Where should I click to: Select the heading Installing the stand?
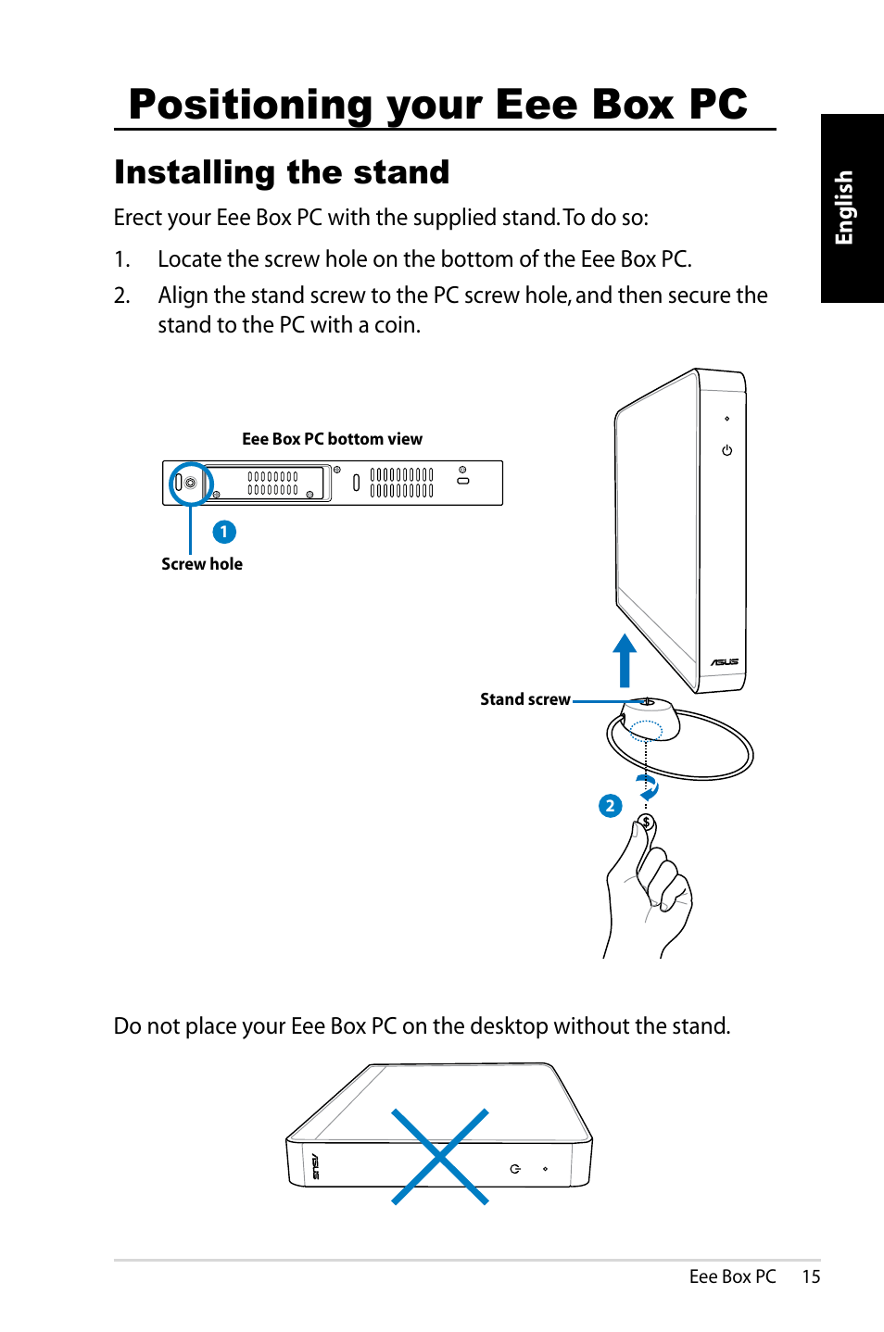(x=282, y=172)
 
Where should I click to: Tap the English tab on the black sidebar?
(x=844, y=207)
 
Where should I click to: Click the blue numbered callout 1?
(x=224, y=532)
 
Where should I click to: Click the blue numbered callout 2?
(x=610, y=806)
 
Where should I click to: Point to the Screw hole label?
(x=202, y=564)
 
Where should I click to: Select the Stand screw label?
(x=524, y=699)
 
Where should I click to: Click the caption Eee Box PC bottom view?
(x=332, y=439)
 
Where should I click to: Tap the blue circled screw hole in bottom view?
(x=191, y=483)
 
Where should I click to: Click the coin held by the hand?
(x=646, y=823)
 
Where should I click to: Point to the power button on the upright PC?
(x=727, y=451)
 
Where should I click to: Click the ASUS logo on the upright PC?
(x=725, y=662)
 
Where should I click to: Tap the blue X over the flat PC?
(x=440, y=1156)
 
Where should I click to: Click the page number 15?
(x=811, y=1276)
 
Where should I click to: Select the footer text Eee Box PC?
(x=732, y=1276)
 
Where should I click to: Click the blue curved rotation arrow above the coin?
(x=649, y=788)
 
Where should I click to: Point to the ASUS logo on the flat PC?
(x=315, y=1166)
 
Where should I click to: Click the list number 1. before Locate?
(x=121, y=259)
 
